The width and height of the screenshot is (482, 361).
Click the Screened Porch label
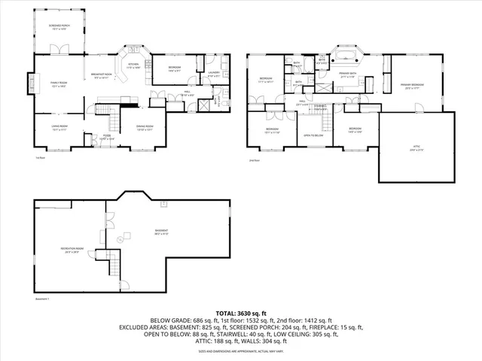[59, 27]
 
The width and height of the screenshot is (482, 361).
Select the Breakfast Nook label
[103, 75]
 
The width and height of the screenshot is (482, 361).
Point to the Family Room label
[59, 85]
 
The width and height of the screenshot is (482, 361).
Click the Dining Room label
[145, 127]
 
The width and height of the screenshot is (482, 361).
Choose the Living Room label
[59, 127]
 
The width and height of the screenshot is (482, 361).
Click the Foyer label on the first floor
[108, 138]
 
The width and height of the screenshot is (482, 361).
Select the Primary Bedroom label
[413, 86]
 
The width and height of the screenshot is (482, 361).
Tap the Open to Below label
[313, 136]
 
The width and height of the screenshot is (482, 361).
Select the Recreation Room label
[72, 251]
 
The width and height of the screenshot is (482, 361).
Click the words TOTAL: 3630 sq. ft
[240, 312]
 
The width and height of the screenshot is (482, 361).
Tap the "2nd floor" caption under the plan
[254, 159]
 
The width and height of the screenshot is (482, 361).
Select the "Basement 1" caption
[42, 299]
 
